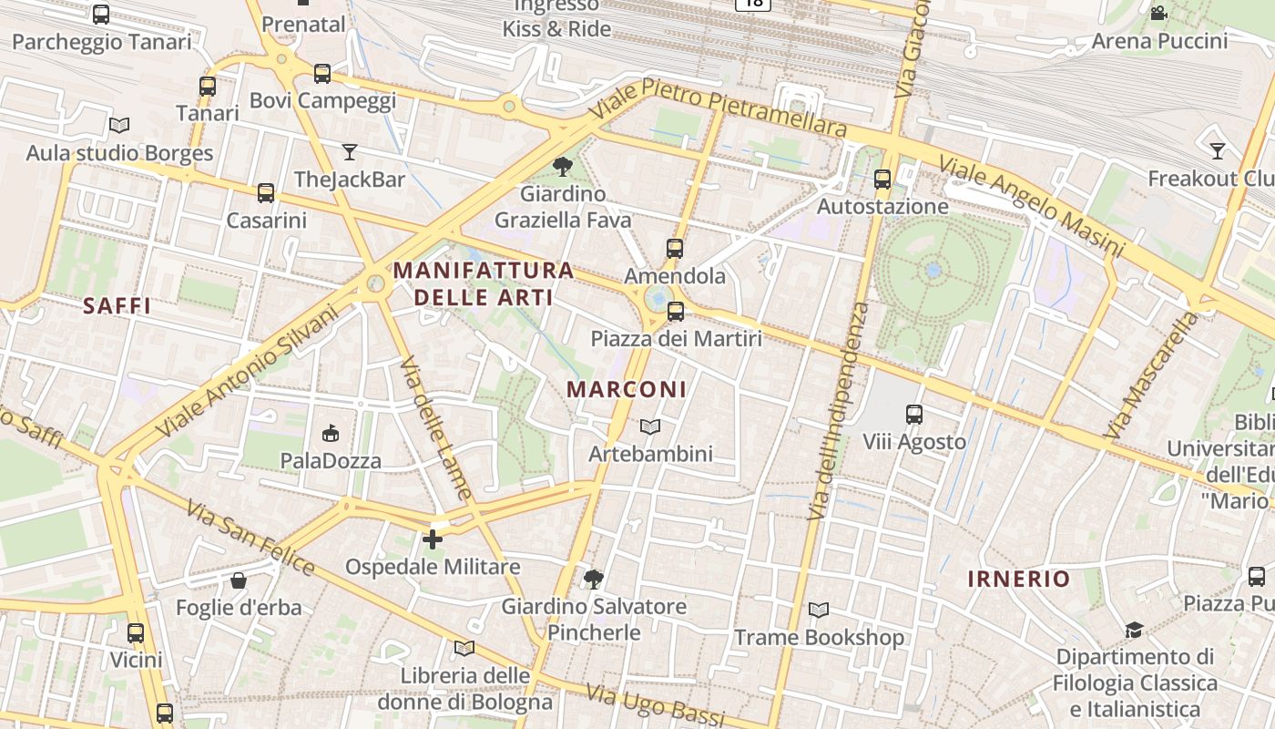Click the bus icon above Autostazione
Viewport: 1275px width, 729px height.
pyautogui.click(x=882, y=179)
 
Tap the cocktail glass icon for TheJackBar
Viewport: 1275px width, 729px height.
pyautogui.click(x=349, y=151)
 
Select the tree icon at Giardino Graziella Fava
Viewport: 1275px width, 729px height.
pyautogui.click(x=562, y=166)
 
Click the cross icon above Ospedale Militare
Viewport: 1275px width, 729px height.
pyautogui.click(x=433, y=539)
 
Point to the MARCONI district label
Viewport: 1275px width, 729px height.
pyautogui.click(x=627, y=389)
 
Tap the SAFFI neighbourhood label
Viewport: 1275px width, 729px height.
pyautogui.click(x=117, y=305)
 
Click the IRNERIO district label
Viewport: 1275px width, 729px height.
pyautogui.click(x=1018, y=579)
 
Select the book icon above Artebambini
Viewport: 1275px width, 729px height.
pyautogui.click(x=649, y=426)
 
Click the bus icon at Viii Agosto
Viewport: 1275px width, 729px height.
pyautogui.click(x=914, y=415)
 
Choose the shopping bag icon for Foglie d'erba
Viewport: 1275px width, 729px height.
pyautogui.click(x=239, y=580)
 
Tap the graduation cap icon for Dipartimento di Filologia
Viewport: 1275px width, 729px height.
pyautogui.click(x=1134, y=630)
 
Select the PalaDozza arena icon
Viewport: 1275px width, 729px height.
pyautogui.click(x=331, y=434)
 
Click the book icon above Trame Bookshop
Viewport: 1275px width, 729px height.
pyautogui.click(x=819, y=610)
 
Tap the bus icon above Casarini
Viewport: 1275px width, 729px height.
pyautogui.click(x=266, y=192)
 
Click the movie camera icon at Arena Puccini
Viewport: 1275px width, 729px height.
pyautogui.click(x=1158, y=14)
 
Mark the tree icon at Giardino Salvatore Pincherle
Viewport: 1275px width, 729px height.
pyautogui.click(x=594, y=579)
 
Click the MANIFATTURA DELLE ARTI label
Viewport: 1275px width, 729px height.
pyautogui.click(x=484, y=283)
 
